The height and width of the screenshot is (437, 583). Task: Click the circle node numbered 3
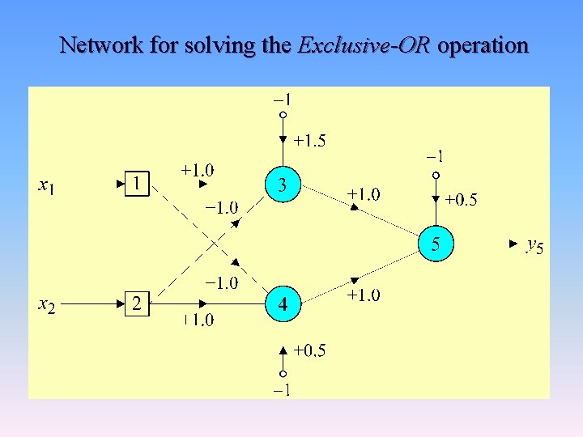(x=282, y=185)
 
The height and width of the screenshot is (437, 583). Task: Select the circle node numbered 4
(x=283, y=304)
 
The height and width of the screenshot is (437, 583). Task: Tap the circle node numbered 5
(x=436, y=244)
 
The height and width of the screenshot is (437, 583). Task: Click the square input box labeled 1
(x=138, y=185)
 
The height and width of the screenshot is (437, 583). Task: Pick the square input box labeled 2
(x=138, y=304)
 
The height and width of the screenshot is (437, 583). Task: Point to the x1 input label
(x=47, y=186)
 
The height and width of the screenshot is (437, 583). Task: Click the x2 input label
(x=47, y=305)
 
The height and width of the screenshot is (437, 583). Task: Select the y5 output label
(x=534, y=244)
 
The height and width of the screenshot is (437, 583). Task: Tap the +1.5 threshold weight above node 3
(x=309, y=141)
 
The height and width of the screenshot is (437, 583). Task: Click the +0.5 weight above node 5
(x=461, y=199)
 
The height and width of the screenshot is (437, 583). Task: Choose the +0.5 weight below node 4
(x=309, y=350)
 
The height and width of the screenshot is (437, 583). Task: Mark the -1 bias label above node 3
(x=283, y=100)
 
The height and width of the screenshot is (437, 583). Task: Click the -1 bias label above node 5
(x=435, y=155)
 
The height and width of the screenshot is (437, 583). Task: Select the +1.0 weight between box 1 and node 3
(x=198, y=170)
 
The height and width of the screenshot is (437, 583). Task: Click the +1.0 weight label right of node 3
(x=364, y=194)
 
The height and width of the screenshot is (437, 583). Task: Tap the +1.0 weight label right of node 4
(x=364, y=295)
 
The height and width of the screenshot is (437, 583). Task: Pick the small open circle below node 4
(x=283, y=374)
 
